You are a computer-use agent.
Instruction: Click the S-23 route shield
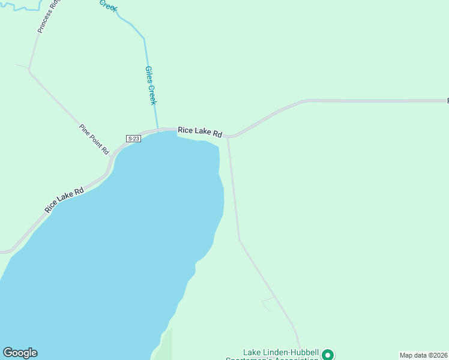tap(133, 139)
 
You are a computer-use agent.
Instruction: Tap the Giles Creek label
tap(151, 85)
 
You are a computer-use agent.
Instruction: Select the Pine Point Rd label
tap(94, 139)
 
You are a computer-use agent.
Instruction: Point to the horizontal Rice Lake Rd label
tap(200, 131)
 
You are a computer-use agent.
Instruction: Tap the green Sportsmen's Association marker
tap(328, 355)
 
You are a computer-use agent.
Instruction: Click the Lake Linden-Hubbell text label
tap(281, 353)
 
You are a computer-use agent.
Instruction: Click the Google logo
tap(20, 353)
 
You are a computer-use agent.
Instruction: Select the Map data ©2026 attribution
tap(423, 355)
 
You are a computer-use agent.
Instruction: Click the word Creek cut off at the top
tap(107, 5)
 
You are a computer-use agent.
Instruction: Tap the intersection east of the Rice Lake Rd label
tap(228, 136)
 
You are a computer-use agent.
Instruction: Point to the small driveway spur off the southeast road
tap(268, 301)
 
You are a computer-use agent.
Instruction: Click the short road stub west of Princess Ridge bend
tap(22, 66)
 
